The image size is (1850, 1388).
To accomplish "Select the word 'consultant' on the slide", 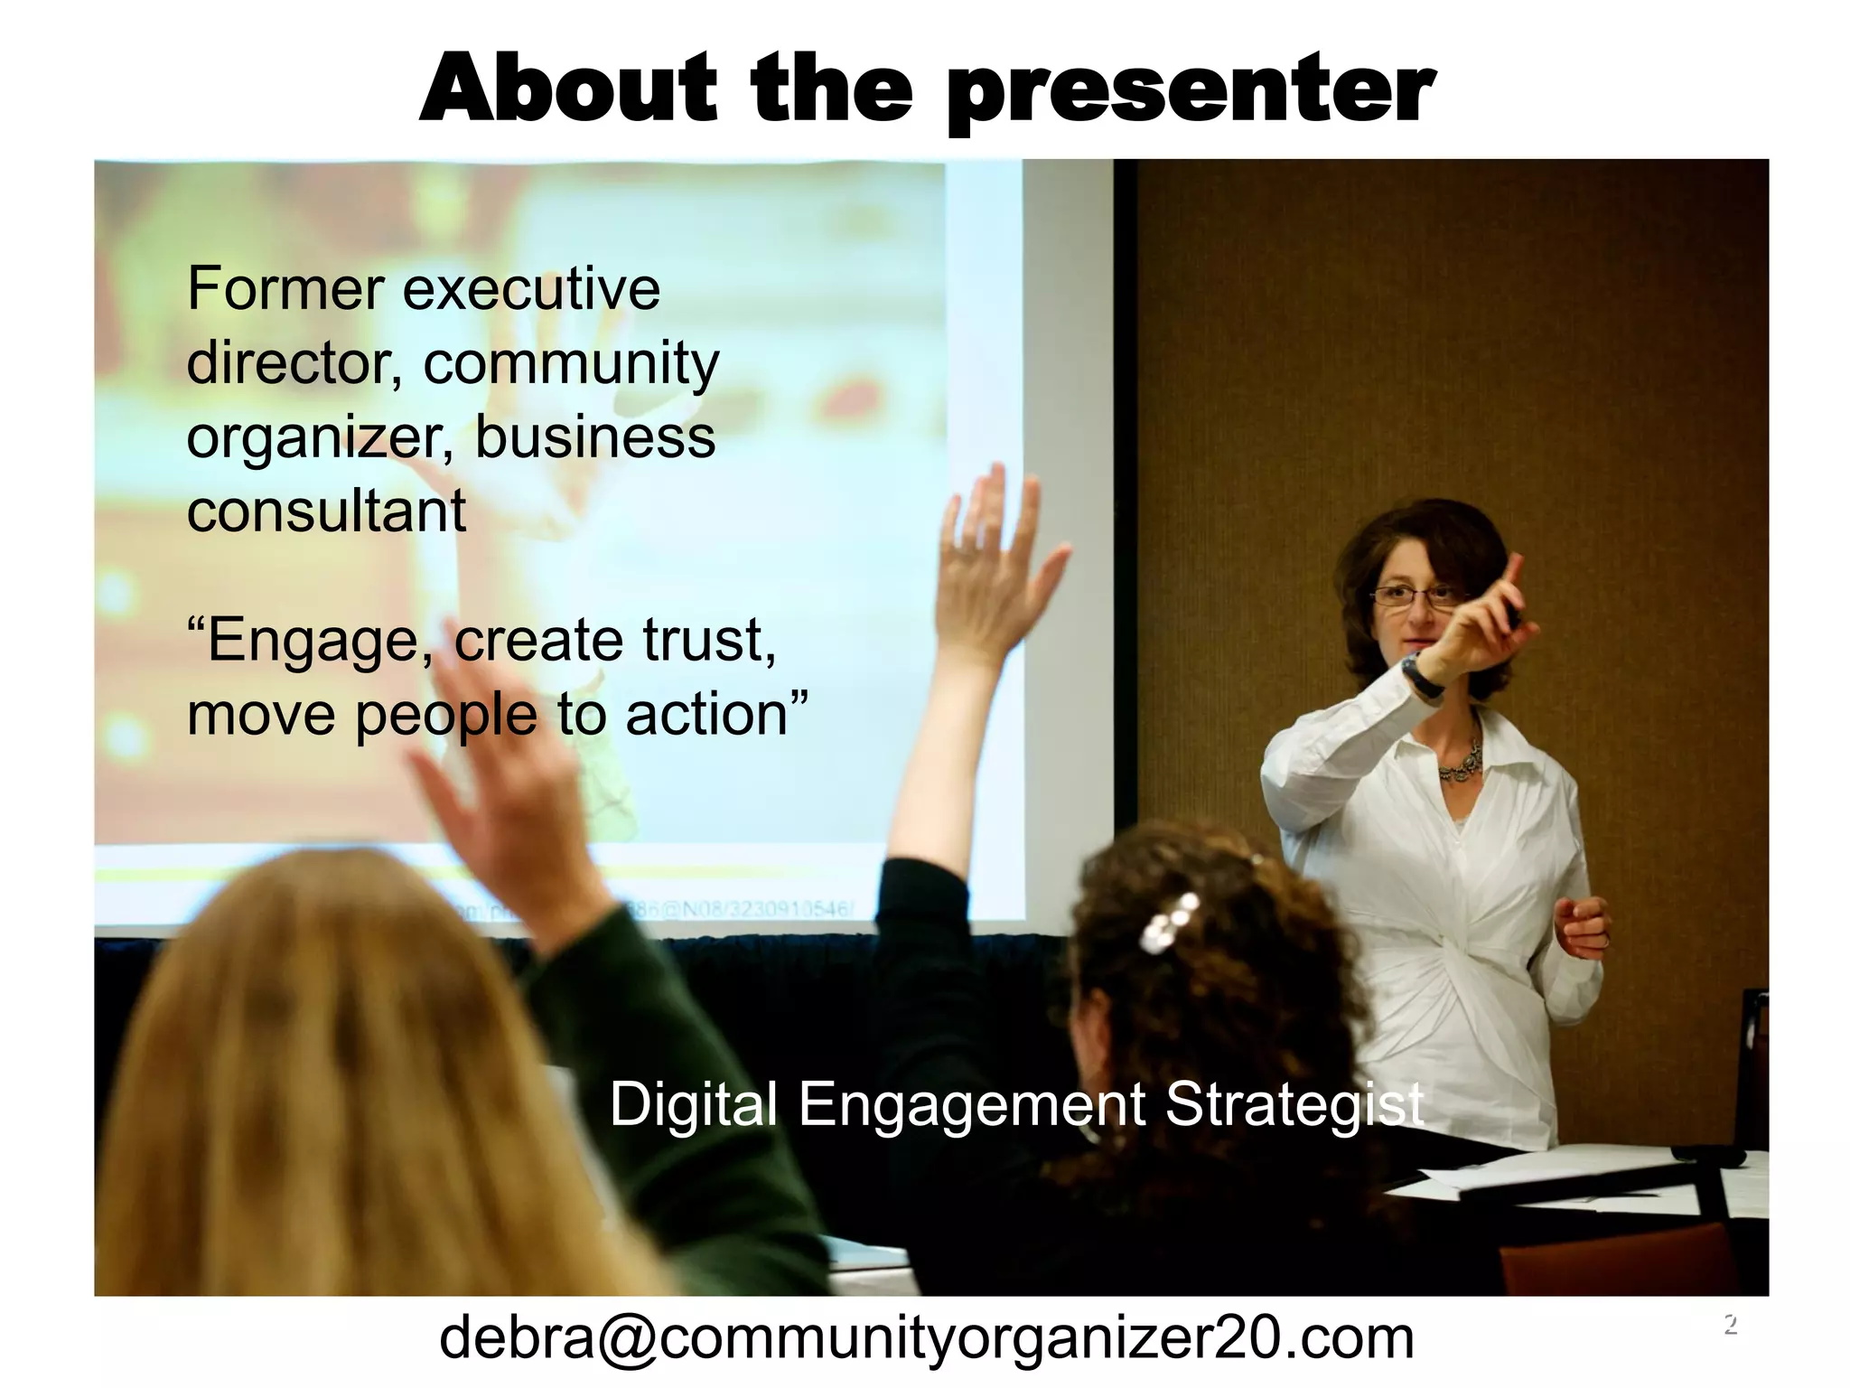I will [x=326, y=511].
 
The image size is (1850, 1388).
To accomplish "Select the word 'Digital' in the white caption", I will [x=693, y=1104].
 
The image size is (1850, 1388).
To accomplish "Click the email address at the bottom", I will [x=926, y=1338].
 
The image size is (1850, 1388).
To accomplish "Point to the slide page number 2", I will [x=1730, y=1325].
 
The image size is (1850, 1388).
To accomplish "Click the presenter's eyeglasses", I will [x=1414, y=596].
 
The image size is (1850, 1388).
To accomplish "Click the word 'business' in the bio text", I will [x=594, y=436].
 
